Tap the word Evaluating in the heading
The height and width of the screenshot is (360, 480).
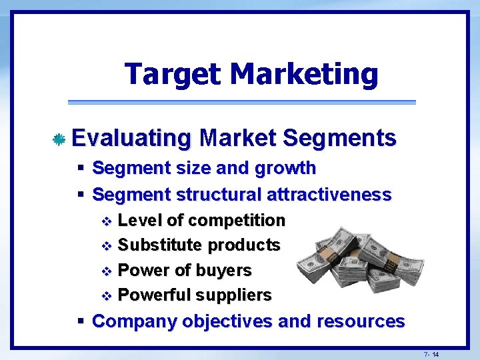point(131,138)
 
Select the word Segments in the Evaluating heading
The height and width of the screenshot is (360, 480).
point(339,138)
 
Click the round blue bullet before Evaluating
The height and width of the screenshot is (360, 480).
point(59,139)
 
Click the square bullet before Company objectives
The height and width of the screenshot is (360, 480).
point(80,321)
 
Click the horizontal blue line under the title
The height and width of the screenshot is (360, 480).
point(241,102)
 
